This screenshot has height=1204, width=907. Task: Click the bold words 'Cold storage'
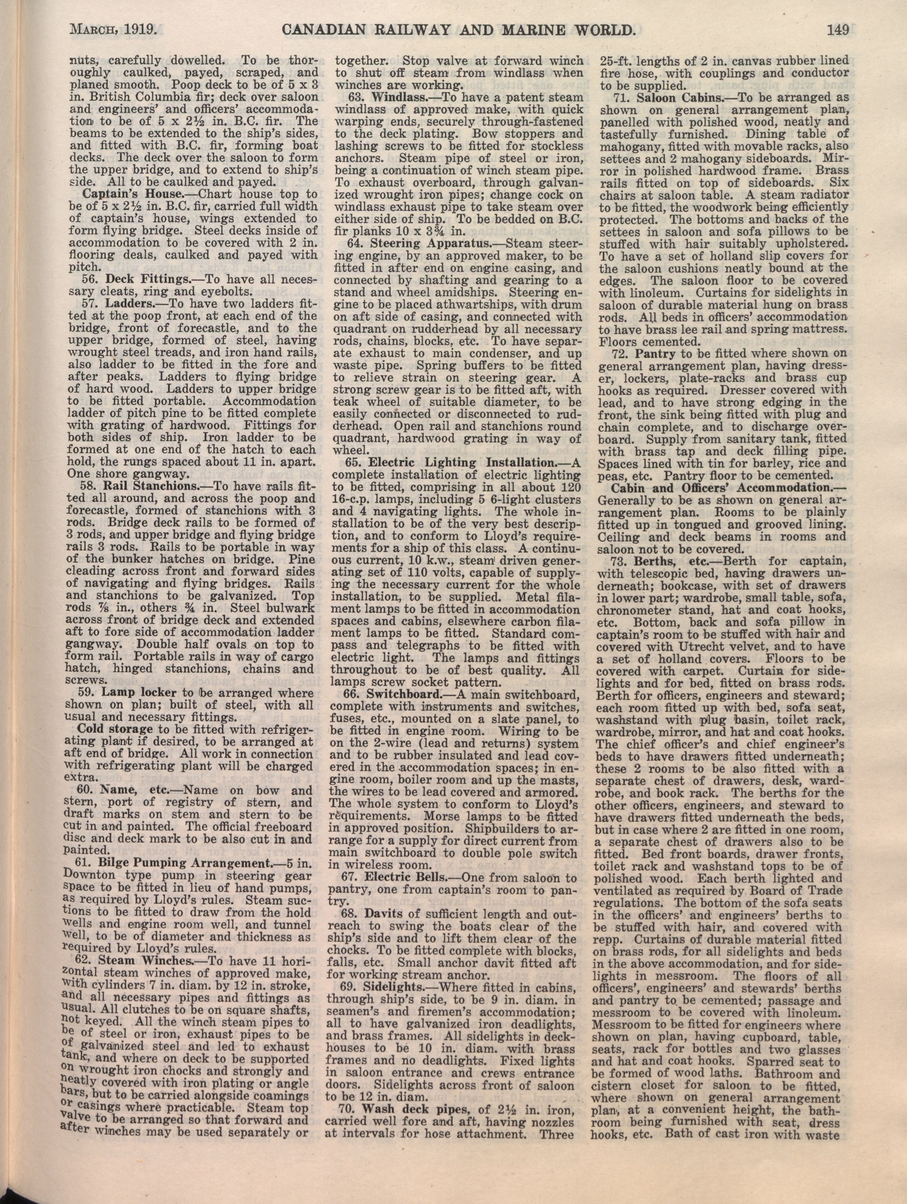pyautogui.click(x=115, y=729)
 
